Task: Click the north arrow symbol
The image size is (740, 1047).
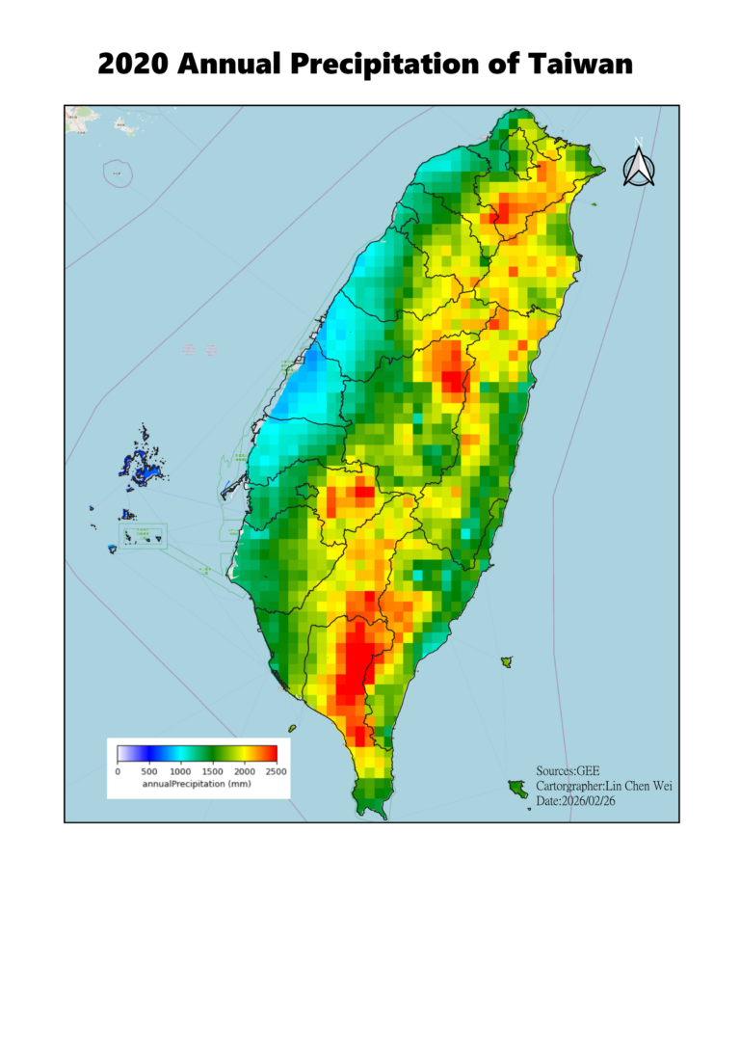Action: (x=638, y=165)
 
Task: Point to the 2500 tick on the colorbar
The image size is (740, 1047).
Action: (x=277, y=771)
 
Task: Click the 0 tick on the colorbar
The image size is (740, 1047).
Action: (x=118, y=771)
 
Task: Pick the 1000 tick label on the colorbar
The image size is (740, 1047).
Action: (x=181, y=771)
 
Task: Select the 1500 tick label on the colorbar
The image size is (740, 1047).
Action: (x=213, y=771)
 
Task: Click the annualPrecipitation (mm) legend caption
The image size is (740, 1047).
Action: (x=197, y=785)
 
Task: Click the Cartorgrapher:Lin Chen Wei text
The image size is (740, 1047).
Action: (x=603, y=786)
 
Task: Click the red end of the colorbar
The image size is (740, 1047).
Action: (x=270, y=754)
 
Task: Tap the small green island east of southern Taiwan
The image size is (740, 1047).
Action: (x=506, y=661)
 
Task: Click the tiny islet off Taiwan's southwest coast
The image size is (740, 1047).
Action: (x=292, y=729)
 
